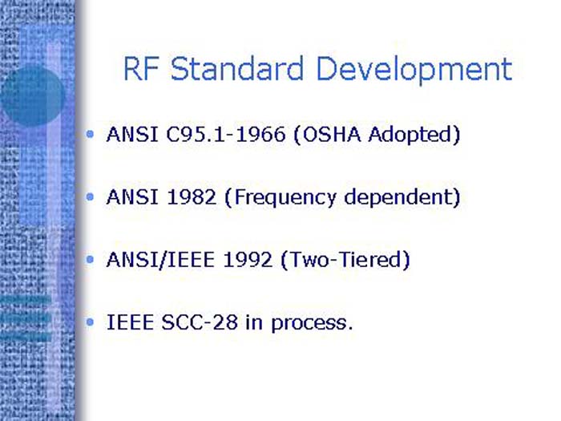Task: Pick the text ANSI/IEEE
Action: tap(156, 261)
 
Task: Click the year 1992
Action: tap(240, 261)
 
